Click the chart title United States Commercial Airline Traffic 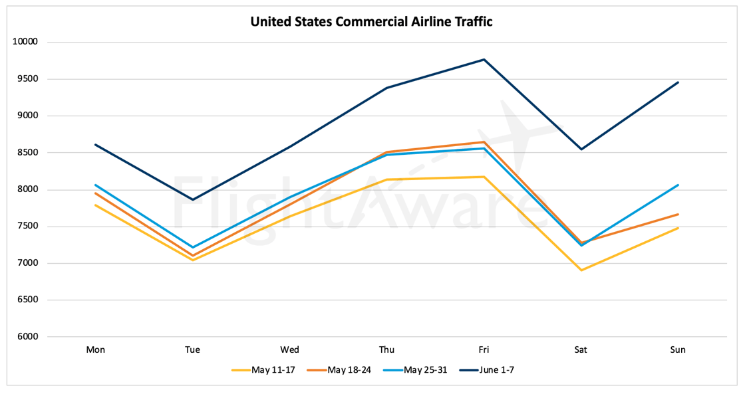pyautogui.click(x=371, y=21)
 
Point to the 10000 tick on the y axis pyautogui.click(x=25, y=42)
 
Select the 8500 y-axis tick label pyautogui.click(x=27, y=153)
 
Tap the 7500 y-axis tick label pyautogui.click(x=27, y=227)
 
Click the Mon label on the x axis pyautogui.click(x=96, y=350)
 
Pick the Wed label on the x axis pyautogui.click(x=289, y=350)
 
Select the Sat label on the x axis pyautogui.click(x=581, y=350)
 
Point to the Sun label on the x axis pyautogui.click(x=678, y=350)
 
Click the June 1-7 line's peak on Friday pyautogui.click(x=484, y=60)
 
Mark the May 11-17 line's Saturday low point pyautogui.click(x=581, y=270)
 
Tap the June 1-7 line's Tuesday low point pyautogui.click(x=193, y=199)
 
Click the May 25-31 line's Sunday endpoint pyautogui.click(x=678, y=185)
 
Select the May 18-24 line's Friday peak pyautogui.click(x=484, y=142)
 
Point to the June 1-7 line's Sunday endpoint pyautogui.click(x=678, y=82)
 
